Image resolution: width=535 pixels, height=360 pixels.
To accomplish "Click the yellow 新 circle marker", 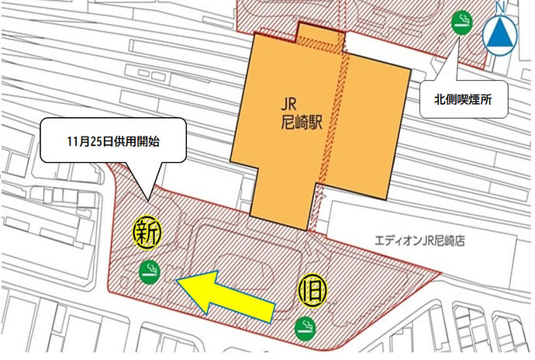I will coord(146,231).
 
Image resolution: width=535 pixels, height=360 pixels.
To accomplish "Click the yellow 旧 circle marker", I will coord(314,289).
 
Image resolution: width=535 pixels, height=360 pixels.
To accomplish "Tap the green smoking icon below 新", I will coord(148,270).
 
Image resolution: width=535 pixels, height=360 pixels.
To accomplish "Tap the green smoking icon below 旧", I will coord(305,329).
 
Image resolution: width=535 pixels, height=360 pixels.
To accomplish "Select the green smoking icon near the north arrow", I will coord(462,21).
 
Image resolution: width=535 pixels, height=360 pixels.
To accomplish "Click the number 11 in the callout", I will coord(72,143).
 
